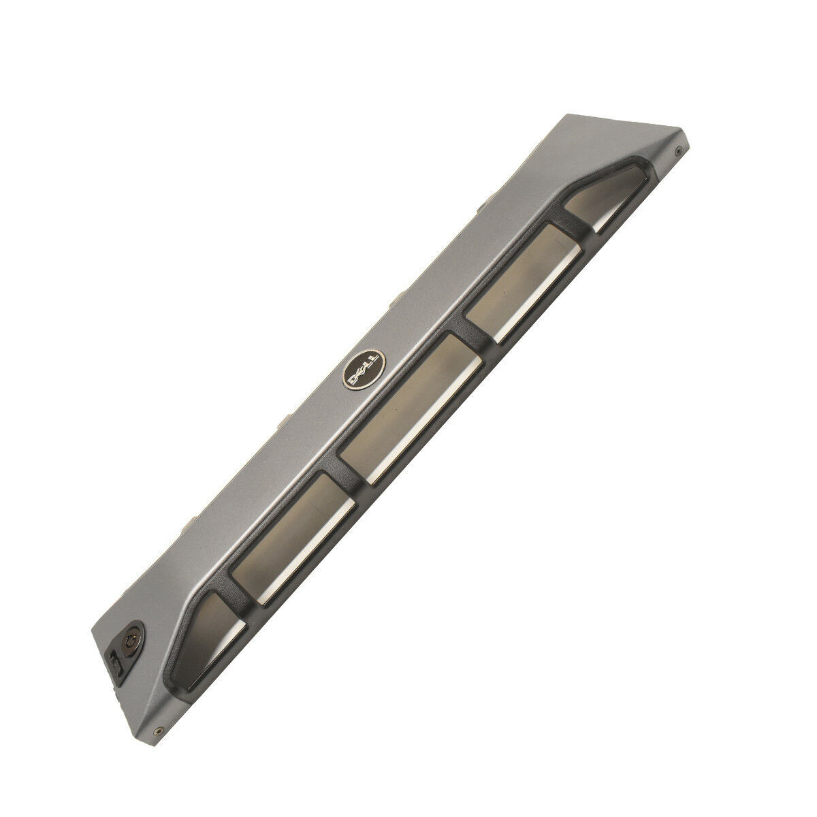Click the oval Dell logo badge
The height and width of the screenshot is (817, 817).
pos(364,369)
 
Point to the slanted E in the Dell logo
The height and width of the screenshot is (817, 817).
pos(361,372)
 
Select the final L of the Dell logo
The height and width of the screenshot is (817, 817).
pos(373,359)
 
